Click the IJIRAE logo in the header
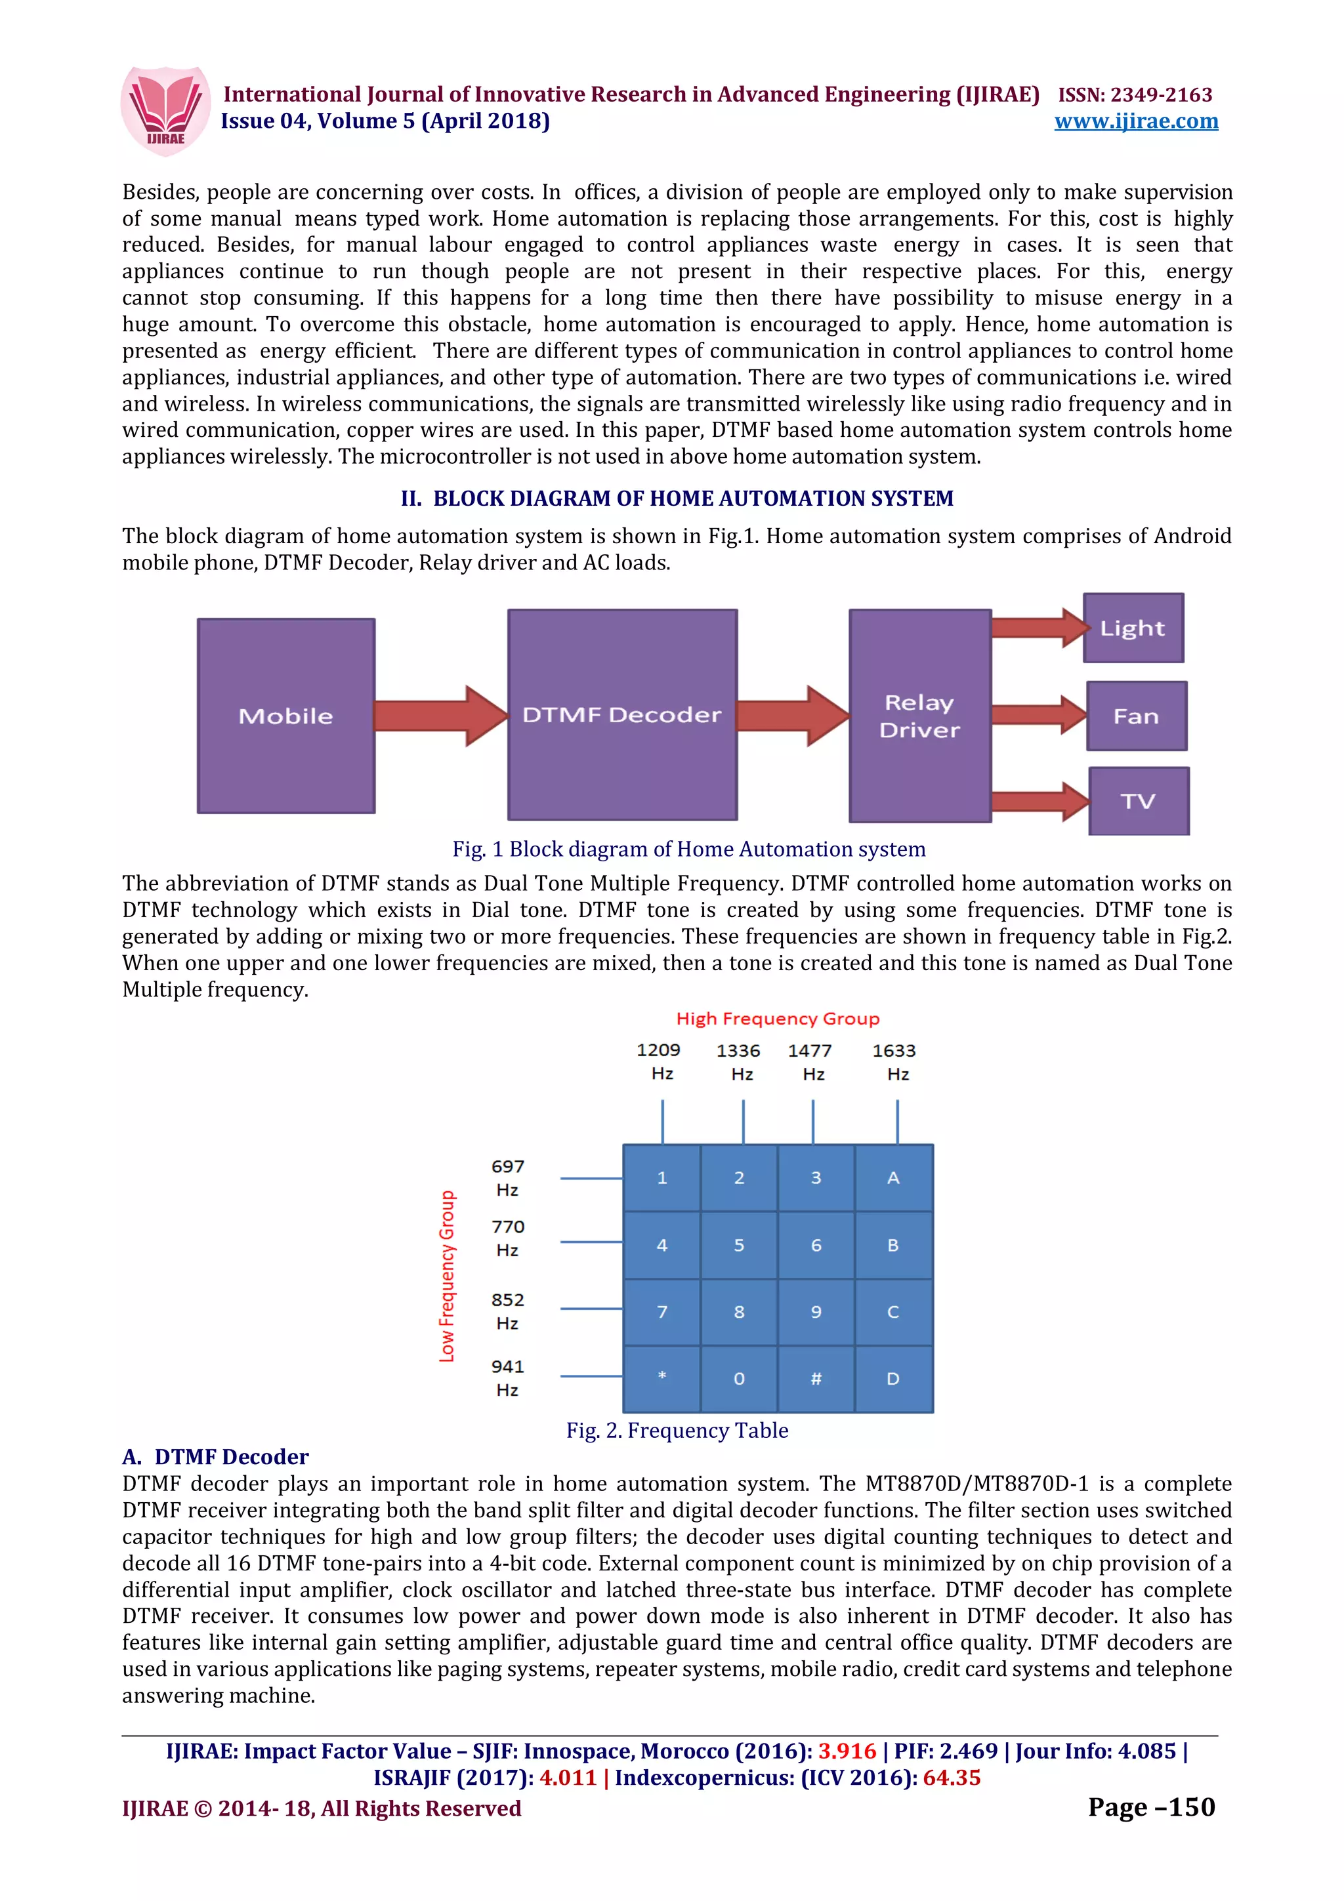pyautogui.click(x=165, y=111)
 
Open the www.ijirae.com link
pyautogui.click(x=1135, y=122)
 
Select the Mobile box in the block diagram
pyautogui.click(x=285, y=716)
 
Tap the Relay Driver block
pyautogui.click(x=919, y=716)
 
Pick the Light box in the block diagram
pyautogui.click(x=1133, y=628)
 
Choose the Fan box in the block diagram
pyautogui.click(x=1136, y=716)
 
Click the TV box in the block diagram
pyautogui.click(x=1139, y=801)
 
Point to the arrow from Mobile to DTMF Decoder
pyautogui.click(x=440, y=716)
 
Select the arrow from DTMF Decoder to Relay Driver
pyautogui.click(x=791, y=716)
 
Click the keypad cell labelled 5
pyautogui.click(x=739, y=1245)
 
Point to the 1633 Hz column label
pyautogui.click(x=894, y=1061)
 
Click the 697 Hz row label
pyautogui.click(x=508, y=1177)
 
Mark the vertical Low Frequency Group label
pyautogui.click(x=447, y=1276)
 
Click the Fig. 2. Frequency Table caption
pyautogui.click(x=677, y=1430)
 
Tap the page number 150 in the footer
pyautogui.click(x=1151, y=1807)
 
